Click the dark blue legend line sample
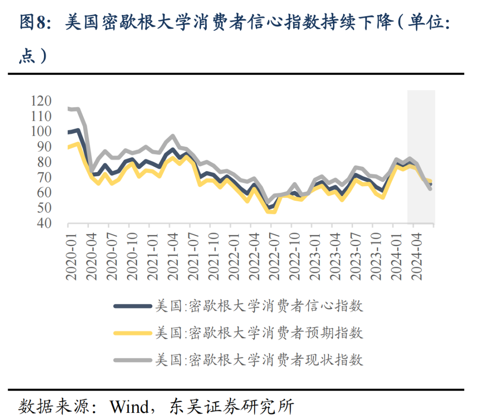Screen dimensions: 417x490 [132, 306]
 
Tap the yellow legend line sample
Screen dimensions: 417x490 [132, 333]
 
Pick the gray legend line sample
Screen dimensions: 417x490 [132, 360]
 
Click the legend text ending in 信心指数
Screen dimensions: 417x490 [259, 306]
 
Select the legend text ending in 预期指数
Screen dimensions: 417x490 [259, 333]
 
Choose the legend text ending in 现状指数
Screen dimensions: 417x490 [259, 360]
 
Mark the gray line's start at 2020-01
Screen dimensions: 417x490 [69, 108]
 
